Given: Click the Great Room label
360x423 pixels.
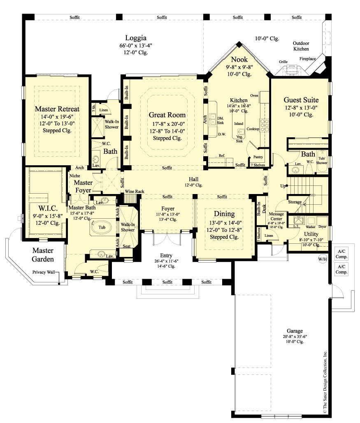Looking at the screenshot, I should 167,115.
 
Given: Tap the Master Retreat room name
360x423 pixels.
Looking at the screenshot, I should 57,109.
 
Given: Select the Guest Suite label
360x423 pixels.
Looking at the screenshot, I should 301,99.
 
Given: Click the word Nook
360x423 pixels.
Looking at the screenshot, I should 239,60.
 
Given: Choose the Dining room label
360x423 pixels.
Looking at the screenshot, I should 224,214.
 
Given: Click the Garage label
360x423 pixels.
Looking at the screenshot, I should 295,331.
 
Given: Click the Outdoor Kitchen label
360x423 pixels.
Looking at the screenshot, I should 301,46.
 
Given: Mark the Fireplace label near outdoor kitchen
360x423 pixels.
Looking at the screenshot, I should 307,59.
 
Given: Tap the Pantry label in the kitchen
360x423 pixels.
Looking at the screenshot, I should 259,157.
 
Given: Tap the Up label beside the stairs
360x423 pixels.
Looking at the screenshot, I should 283,186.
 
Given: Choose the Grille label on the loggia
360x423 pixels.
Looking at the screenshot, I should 283,62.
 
